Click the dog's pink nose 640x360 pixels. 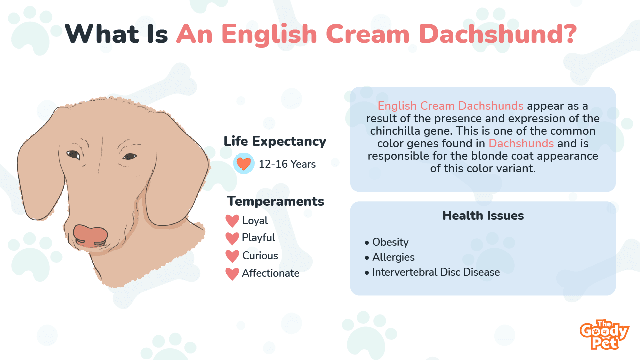(91, 236)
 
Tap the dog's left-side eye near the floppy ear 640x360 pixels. (73, 155)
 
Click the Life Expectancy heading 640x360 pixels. (275, 142)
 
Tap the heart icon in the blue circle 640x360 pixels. (244, 164)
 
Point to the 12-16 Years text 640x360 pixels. (287, 164)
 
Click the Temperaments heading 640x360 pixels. (275, 201)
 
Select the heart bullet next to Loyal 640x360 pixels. (232, 221)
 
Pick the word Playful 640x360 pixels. (258, 238)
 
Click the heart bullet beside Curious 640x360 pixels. (232, 256)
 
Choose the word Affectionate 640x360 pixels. (271, 273)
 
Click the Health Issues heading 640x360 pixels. (483, 216)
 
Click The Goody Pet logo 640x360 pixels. (604, 335)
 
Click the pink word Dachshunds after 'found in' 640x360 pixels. (521, 143)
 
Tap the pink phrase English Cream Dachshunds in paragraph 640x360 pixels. (450, 106)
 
